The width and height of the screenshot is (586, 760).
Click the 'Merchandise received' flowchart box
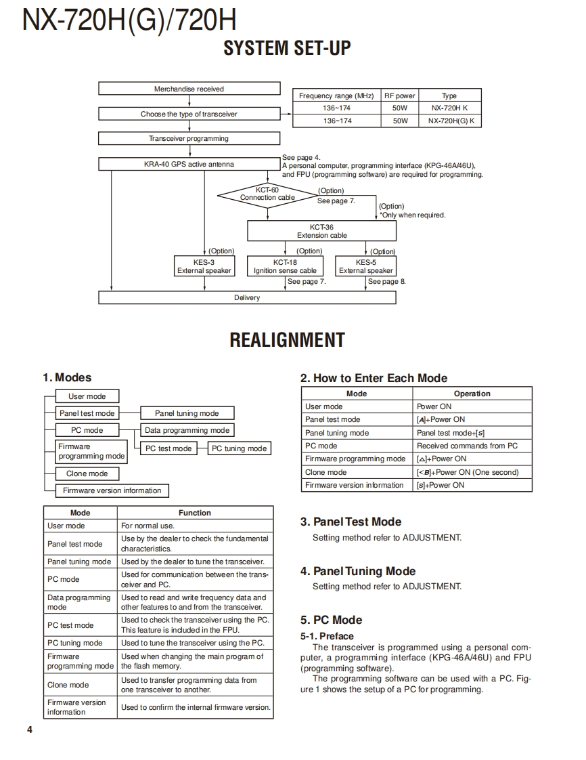point(189,89)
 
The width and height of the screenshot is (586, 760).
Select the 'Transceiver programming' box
point(189,138)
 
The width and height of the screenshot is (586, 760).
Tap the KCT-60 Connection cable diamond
point(267,194)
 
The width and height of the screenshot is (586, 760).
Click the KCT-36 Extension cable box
point(321,231)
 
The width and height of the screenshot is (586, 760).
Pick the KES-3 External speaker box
point(204,266)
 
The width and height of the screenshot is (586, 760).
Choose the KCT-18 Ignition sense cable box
point(285,266)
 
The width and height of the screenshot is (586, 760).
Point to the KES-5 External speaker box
point(365,266)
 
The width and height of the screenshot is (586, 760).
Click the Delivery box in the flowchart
point(247,297)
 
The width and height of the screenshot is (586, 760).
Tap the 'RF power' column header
point(399,96)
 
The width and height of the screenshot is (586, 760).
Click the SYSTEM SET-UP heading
point(287,49)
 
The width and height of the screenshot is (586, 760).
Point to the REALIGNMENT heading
point(287,340)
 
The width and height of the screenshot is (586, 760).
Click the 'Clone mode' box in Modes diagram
point(87,474)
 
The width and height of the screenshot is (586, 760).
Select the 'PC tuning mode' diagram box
point(239,448)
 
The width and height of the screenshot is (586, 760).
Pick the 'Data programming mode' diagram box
point(187,430)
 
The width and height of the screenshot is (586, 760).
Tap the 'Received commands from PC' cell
point(467,446)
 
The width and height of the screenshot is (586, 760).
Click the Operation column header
point(472,394)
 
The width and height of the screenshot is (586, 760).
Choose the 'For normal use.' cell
point(148,526)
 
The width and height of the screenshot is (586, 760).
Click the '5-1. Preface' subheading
point(327,636)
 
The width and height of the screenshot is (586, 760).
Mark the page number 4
point(30,730)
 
